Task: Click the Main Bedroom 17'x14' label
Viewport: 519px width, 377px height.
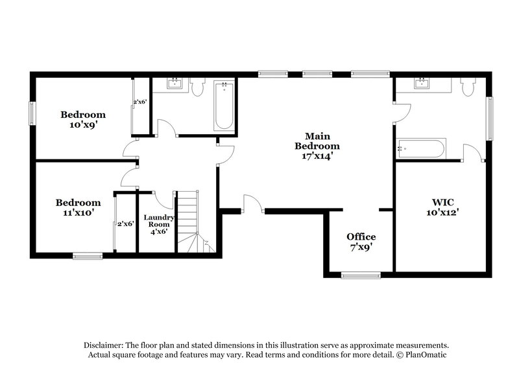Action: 318,146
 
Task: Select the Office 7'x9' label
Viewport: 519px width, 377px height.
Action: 361,242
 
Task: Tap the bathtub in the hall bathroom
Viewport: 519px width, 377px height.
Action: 224,106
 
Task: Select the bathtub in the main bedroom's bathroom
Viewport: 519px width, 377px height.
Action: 421,148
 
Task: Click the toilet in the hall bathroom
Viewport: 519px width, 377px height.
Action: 198,86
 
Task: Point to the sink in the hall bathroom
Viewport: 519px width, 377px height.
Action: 175,84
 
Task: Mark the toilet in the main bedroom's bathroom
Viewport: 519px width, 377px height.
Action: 468,87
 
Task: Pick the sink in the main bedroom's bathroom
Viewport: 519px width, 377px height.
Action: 422,83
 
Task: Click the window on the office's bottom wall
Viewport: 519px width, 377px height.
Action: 361,275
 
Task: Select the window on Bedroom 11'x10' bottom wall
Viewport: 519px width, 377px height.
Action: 87,256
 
